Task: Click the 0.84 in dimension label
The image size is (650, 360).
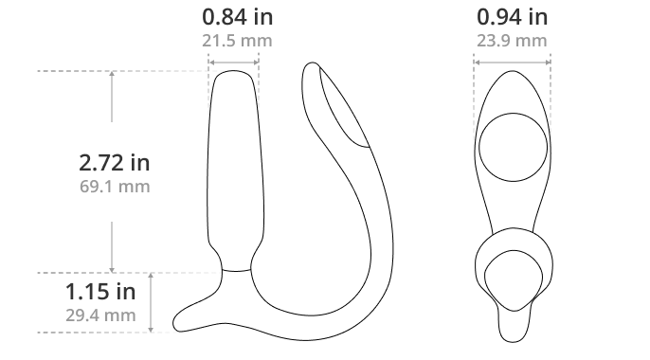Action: point(233,17)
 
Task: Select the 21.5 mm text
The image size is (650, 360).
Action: point(233,41)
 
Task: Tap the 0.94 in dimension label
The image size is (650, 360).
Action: point(512,17)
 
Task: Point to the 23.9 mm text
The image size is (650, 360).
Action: point(512,41)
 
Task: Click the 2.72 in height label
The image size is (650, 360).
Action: point(114,164)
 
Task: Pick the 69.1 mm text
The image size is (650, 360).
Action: point(114,187)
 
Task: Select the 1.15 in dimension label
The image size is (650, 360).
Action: point(100,292)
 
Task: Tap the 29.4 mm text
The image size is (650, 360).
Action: point(100,315)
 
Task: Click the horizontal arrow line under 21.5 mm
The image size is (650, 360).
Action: point(233,63)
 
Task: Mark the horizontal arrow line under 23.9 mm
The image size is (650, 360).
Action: point(512,63)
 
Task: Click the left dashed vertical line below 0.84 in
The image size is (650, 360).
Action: point(208,90)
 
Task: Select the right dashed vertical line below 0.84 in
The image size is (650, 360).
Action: point(259,90)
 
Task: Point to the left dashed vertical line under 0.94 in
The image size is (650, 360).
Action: point(474,104)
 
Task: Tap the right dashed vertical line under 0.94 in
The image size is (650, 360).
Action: point(551,99)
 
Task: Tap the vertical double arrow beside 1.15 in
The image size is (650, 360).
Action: point(152,303)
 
